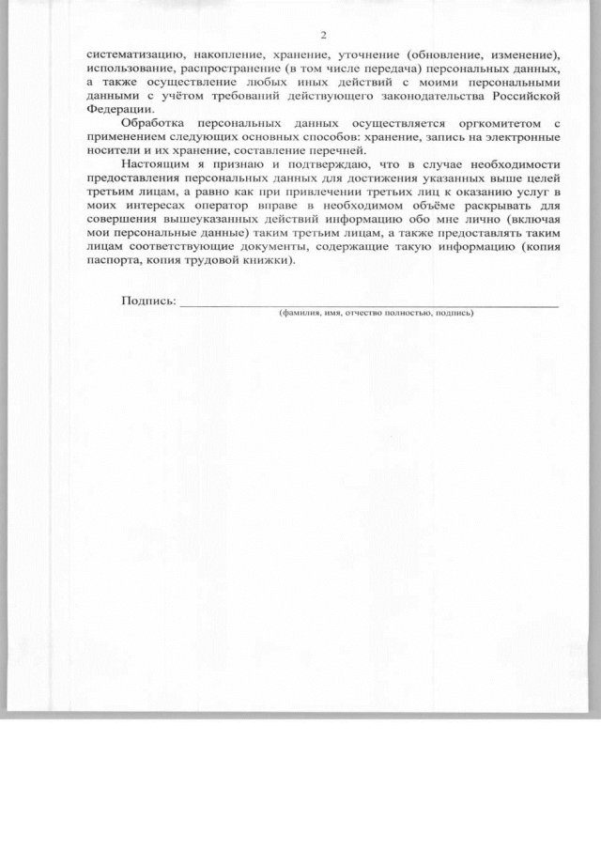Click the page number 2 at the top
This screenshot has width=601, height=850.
coord(322,36)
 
